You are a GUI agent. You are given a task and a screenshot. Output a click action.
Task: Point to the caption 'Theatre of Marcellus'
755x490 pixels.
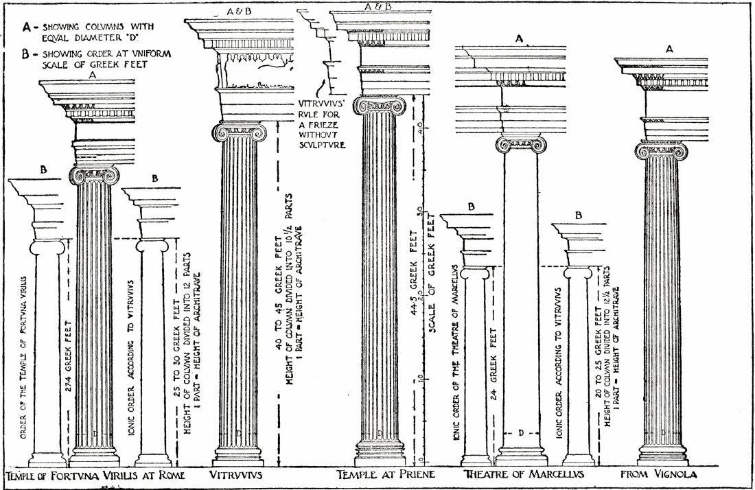523,476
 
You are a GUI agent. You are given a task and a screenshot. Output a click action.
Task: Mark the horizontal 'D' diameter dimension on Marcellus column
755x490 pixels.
522,433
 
